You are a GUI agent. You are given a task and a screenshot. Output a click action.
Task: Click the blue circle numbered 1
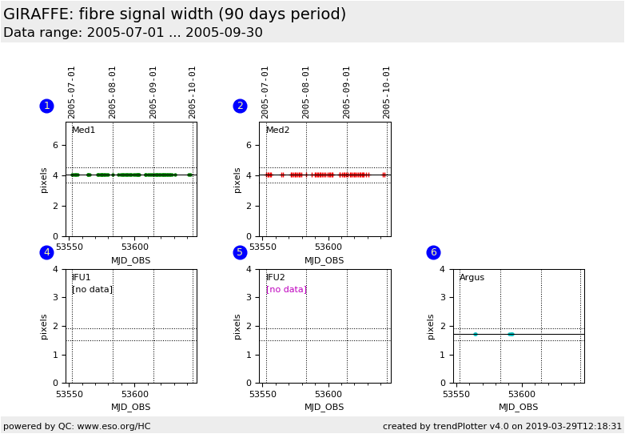(x=46, y=106)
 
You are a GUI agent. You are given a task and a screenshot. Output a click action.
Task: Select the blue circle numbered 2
(x=240, y=106)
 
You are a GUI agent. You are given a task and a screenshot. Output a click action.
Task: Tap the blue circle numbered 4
(x=46, y=252)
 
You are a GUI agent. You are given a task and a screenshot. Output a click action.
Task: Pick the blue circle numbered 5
(x=240, y=252)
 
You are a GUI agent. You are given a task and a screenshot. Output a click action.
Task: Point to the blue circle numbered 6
(x=433, y=252)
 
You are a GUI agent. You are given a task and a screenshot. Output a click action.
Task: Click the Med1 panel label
(x=83, y=131)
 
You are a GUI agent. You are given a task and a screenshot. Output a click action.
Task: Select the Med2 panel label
(x=277, y=131)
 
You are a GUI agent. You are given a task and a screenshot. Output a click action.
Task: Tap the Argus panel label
(x=472, y=278)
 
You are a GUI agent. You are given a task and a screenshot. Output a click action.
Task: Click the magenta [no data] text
(x=286, y=290)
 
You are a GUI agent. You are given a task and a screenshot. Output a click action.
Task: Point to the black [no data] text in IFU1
(x=92, y=290)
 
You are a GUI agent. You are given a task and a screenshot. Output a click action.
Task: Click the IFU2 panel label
(x=275, y=278)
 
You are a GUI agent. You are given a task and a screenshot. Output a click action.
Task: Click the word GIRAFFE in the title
(x=38, y=14)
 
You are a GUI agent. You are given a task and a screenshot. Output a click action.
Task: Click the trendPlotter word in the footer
(x=453, y=427)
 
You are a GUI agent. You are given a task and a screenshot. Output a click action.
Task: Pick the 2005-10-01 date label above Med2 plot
(x=387, y=91)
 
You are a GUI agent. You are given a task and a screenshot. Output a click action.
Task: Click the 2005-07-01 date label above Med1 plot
(x=72, y=91)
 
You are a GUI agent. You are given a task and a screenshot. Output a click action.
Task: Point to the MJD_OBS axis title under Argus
(x=518, y=408)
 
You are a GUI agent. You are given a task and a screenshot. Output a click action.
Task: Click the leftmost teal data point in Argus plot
(x=475, y=334)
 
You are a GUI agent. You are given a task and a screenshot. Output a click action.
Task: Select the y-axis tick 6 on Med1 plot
(x=55, y=145)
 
